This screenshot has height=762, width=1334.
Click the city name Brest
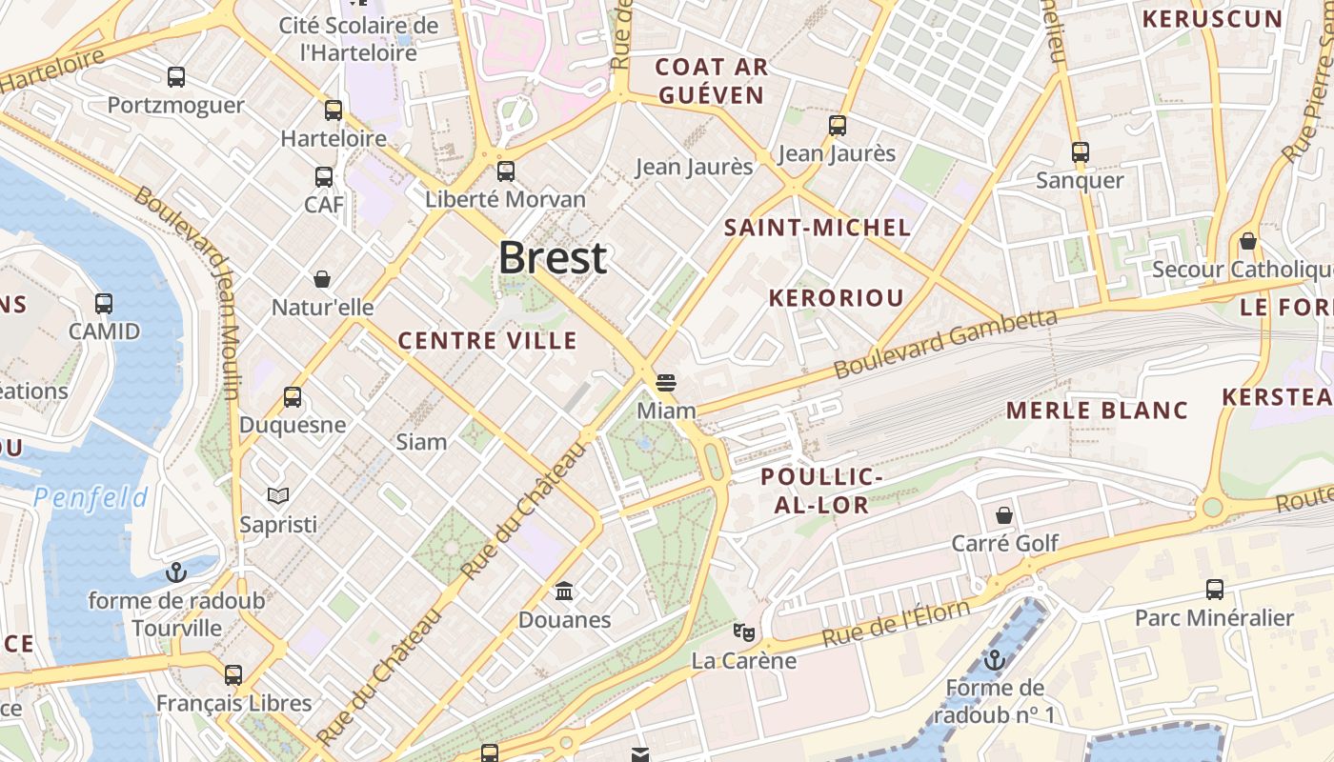click(x=553, y=258)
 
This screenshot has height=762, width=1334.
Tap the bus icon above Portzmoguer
click(x=176, y=77)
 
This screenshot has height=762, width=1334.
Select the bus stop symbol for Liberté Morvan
click(x=506, y=171)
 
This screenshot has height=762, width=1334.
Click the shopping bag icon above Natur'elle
click(x=322, y=279)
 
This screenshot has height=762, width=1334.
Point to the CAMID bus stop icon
click(x=104, y=304)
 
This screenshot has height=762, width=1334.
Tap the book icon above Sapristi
click(x=278, y=495)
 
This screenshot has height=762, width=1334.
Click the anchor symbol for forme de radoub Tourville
click(x=176, y=572)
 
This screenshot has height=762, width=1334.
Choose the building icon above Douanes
click(x=564, y=592)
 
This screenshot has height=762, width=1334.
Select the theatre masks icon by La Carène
click(x=743, y=632)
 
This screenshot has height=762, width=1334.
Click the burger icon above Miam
click(x=666, y=383)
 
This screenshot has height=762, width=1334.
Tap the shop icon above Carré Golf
click(x=1004, y=515)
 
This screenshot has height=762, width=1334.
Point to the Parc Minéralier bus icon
click(x=1215, y=590)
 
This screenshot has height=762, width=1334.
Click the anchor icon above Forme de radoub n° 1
click(x=995, y=659)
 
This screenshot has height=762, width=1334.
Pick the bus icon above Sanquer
click(x=1080, y=152)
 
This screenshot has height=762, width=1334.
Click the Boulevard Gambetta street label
click(x=945, y=343)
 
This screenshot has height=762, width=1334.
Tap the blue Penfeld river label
click(x=91, y=497)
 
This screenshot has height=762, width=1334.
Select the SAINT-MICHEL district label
click(x=818, y=228)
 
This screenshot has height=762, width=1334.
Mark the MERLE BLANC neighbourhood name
click(x=1097, y=411)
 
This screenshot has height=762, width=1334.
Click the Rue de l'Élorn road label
click(x=896, y=624)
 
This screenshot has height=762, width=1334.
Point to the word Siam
click(x=421, y=441)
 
